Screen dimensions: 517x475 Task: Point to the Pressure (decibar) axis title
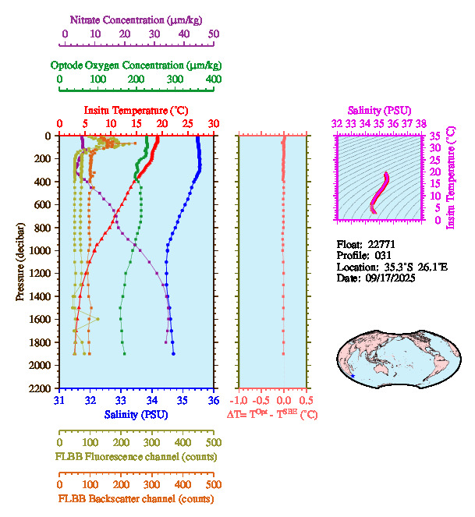pos(20,262)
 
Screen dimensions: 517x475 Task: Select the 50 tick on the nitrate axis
pos(214,34)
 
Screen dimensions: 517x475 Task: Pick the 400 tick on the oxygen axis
pos(213,80)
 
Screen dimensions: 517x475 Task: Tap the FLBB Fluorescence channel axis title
pos(136,456)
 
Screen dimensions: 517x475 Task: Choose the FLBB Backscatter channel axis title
pos(136,499)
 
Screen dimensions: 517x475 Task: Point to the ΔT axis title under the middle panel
pos(272,415)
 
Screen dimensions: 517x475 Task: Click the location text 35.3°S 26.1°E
pos(409,267)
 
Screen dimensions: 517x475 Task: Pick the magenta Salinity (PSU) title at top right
pos(379,111)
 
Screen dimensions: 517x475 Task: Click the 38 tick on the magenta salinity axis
pos(421,123)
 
